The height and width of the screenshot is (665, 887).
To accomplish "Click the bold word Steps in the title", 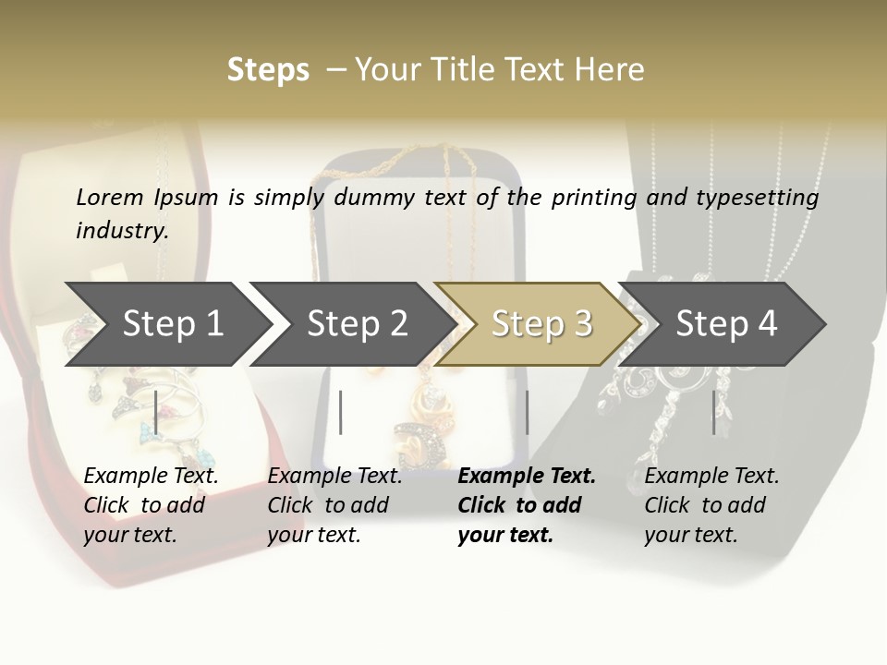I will pos(268,69).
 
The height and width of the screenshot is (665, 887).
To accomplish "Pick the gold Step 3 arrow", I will pos(541,323).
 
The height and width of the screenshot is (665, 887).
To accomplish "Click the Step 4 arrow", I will pos(726,323).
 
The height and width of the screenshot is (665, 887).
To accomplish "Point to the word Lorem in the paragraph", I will pos(110,197).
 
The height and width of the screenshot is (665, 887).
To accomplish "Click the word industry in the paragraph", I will pos(121,230).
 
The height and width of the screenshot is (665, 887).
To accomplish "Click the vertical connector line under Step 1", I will pos(156,412).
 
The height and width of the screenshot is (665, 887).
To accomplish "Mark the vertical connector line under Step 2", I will pos(341,412).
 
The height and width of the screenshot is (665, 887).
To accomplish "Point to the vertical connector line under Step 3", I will pos(527,412).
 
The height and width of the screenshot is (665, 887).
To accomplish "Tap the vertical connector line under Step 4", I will pos(713,412).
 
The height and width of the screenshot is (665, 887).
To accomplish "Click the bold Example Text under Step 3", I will pos(527,476).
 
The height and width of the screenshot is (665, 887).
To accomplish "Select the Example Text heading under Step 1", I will pos(151,476).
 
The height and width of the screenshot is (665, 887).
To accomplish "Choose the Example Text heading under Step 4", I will pos(711,476).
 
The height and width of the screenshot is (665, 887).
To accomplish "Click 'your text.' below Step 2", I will pos(313,535).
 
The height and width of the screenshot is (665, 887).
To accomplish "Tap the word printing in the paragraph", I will pos(594,197).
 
